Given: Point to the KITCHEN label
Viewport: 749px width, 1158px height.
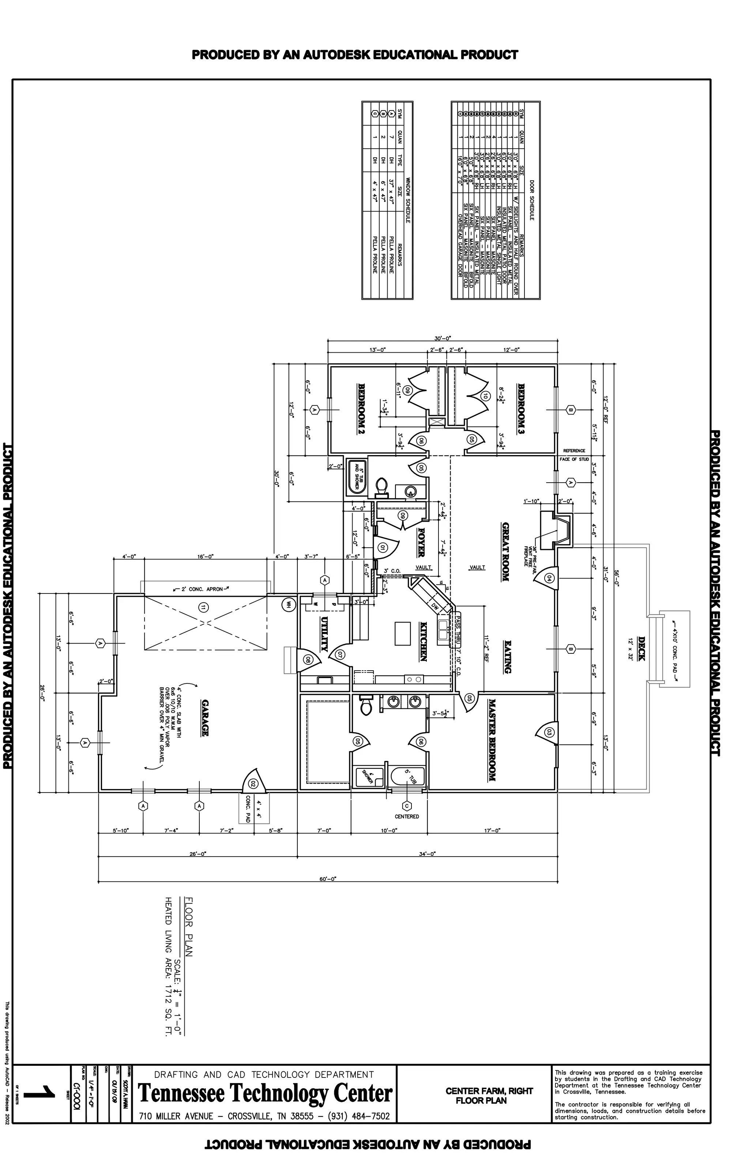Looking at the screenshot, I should click(423, 641).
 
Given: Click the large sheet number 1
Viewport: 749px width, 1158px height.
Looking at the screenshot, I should click(40, 1095).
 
